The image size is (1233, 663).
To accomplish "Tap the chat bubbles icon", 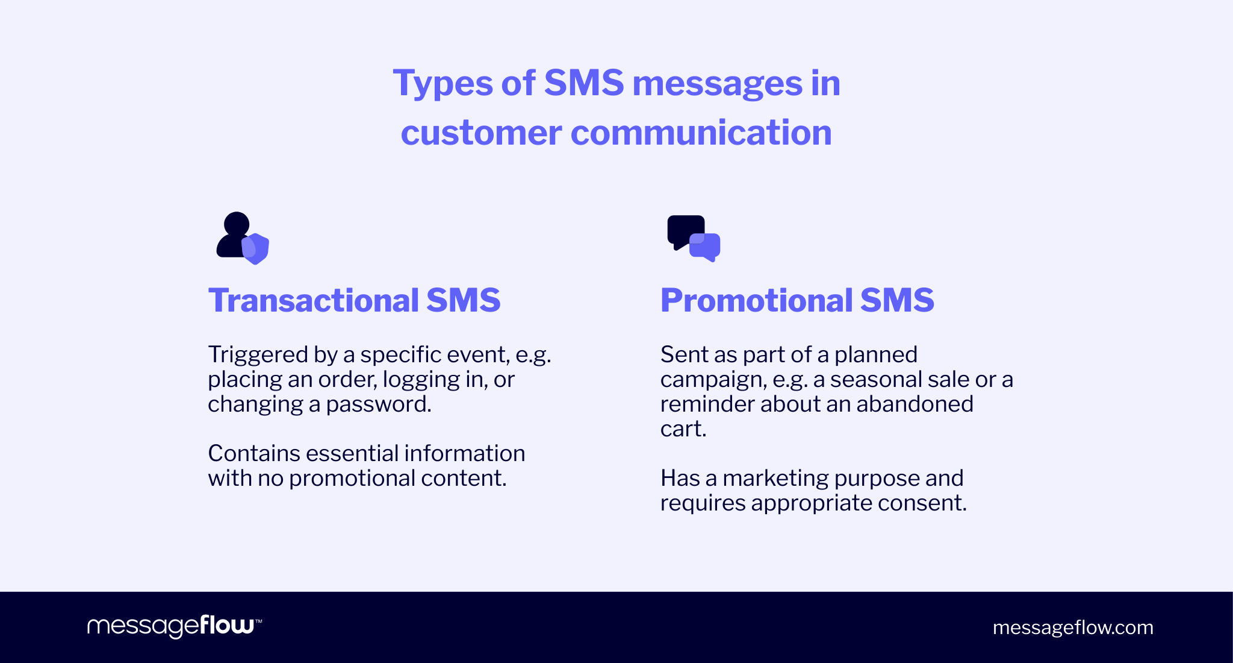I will point(694,238).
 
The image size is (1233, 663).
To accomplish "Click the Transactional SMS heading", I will point(354,300).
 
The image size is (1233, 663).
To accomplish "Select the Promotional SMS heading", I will point(797,300).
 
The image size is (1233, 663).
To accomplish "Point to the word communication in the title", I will point(701,133).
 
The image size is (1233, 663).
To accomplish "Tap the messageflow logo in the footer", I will point(174,626).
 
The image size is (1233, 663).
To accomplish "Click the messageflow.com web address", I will point(1073,627).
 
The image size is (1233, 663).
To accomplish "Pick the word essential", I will point(349,453).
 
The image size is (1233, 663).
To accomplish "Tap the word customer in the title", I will point(481,133).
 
